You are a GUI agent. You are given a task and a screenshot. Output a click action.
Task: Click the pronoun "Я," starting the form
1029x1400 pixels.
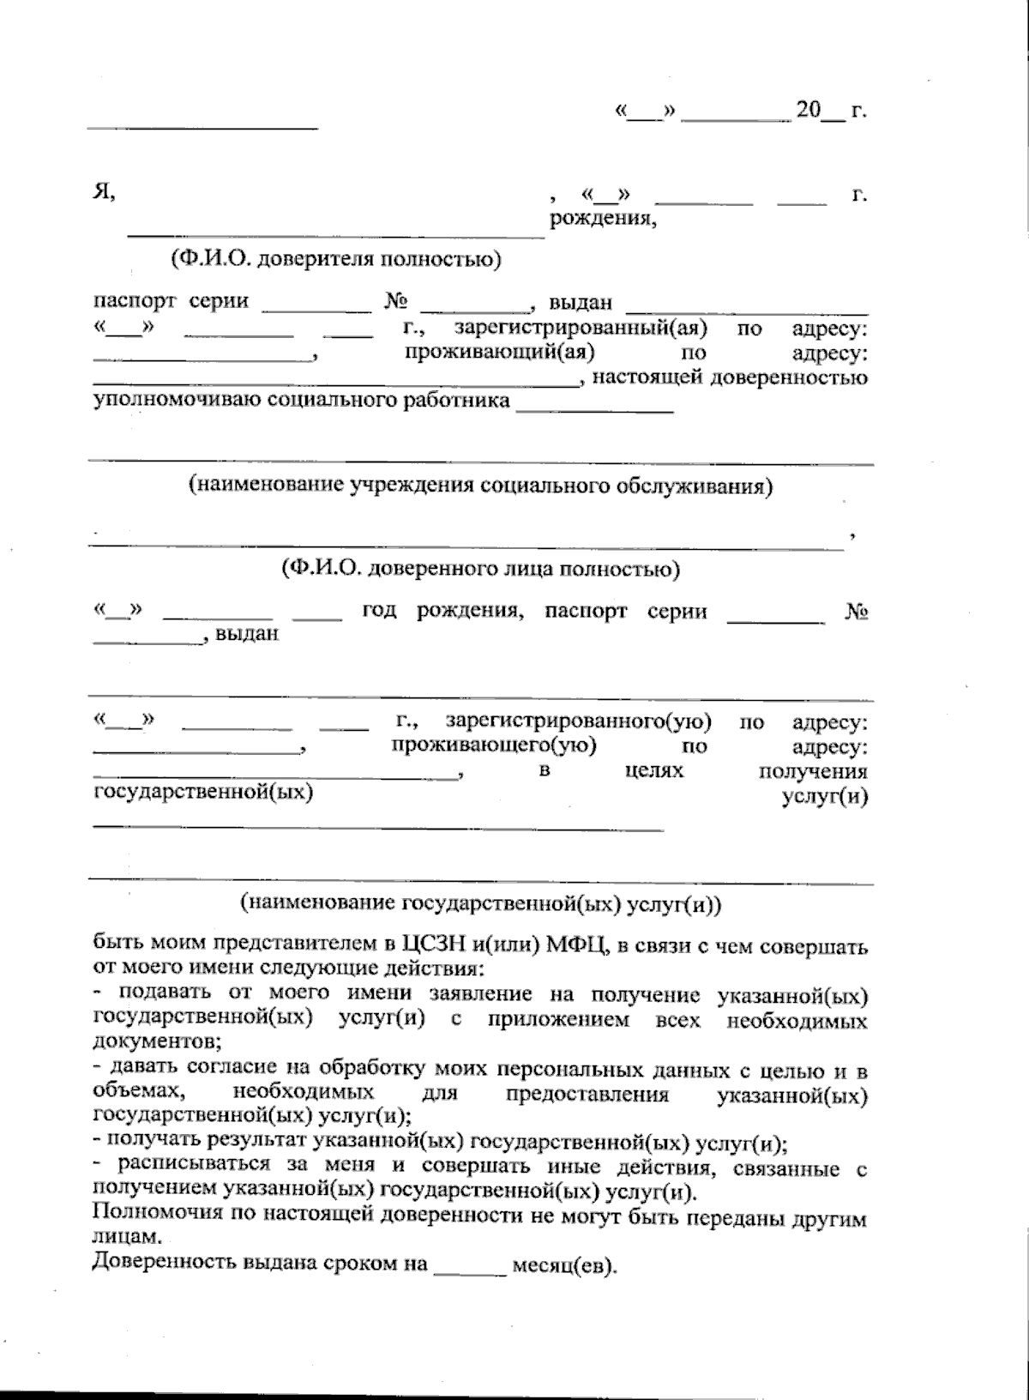tap(104, 192)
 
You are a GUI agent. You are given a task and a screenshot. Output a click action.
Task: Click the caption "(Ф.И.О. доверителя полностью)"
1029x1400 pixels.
tap(335, 258)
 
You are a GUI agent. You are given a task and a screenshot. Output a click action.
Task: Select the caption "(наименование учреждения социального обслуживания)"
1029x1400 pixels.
tap(480, 486)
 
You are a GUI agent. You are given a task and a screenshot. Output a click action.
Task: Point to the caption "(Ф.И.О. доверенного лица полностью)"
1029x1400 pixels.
tap(480, 568)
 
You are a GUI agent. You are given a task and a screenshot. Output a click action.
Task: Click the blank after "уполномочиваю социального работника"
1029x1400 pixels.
tap(593, 410)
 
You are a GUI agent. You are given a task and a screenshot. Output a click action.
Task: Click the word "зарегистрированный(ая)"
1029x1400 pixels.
tap(580, 328)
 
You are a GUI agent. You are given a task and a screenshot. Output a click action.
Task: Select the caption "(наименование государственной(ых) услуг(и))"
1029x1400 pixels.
tap(480, 902)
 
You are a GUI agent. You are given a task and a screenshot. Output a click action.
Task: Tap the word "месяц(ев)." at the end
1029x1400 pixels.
tap(563, 1266)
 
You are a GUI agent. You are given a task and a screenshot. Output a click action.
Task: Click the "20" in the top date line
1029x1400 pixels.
tap(808, 111)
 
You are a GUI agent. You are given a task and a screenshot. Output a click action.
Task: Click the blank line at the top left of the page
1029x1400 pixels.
tap(202, 128)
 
